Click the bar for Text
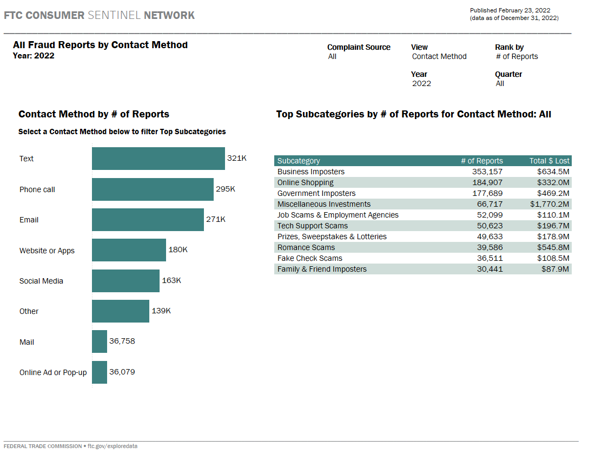(158, 159)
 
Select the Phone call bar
(153, 189)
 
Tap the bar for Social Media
(125, 281)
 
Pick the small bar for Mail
(100, 341)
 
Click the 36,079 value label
(122, 372)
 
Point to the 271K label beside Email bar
(216, 220)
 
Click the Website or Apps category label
(47, 251)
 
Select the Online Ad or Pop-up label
(53, 372)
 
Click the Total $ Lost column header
(549, 161)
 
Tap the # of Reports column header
(481, 161)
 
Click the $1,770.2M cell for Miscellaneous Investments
(550, 204)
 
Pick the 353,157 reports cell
(487, 172)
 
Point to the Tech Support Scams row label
(313, 226)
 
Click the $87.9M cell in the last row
(556, 269)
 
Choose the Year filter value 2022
(422, 83)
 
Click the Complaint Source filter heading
(359, 47)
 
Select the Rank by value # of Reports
(517, 56)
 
